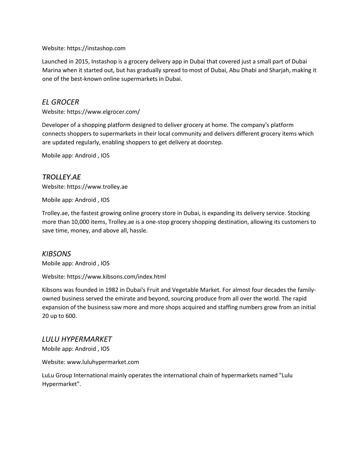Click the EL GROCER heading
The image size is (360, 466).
point(60,102)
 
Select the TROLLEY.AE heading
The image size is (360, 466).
point(61,177)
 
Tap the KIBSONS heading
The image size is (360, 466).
point(56,254)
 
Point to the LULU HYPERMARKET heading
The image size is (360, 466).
point(77,339)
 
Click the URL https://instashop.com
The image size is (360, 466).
point(96,48)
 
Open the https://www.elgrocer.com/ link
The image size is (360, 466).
point(103,112)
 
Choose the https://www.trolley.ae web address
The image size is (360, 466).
point(97,187)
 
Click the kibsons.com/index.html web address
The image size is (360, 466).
point(116,276)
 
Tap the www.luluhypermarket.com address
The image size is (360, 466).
point(103,362)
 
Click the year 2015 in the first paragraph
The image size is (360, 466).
point(82,62)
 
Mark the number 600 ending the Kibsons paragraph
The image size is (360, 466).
point(71,316)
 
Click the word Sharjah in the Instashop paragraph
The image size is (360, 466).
point(280,70)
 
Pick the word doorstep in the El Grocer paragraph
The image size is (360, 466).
point(210,142)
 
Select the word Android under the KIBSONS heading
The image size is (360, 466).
point(85,263)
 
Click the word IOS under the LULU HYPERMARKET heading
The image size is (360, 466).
point(105,349)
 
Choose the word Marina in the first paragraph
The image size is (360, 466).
point(52,70)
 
